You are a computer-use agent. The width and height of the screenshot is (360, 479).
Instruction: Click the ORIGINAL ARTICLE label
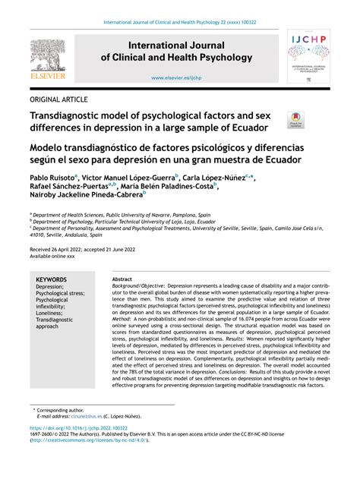tap(58, 99)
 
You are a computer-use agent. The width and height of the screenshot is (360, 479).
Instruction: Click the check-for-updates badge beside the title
tap(295, 119)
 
